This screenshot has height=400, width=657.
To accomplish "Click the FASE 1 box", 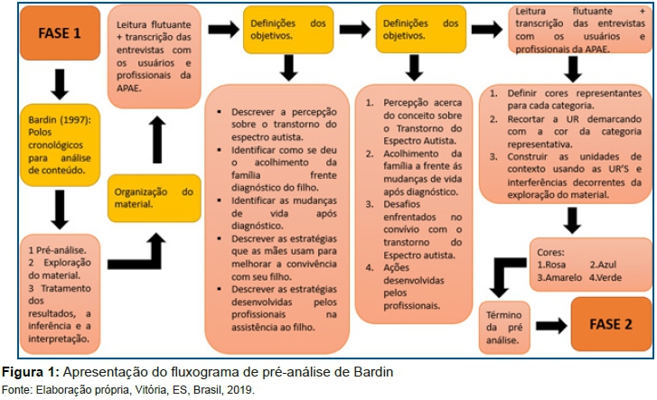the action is point(60,33).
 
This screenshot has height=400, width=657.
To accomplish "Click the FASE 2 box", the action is point(611,324).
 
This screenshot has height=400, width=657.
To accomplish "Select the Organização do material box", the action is point(155,198).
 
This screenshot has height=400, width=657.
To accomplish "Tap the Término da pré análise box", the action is point(504,328).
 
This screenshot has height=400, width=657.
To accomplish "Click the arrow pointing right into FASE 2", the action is point(551,325).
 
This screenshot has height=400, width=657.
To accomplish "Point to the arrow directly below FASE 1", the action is point(60,84).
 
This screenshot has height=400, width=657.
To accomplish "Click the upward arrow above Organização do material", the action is point(157,139).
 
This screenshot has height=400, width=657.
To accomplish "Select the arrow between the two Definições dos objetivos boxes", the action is point(355,29).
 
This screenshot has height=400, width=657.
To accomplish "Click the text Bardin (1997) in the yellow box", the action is point(60,120).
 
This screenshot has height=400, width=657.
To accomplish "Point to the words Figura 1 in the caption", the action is point(31,372).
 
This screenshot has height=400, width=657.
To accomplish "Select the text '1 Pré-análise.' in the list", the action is point(57,250).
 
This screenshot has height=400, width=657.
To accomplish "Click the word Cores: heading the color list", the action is point(550,252).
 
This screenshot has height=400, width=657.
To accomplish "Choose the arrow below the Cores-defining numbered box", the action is point(572,220).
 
